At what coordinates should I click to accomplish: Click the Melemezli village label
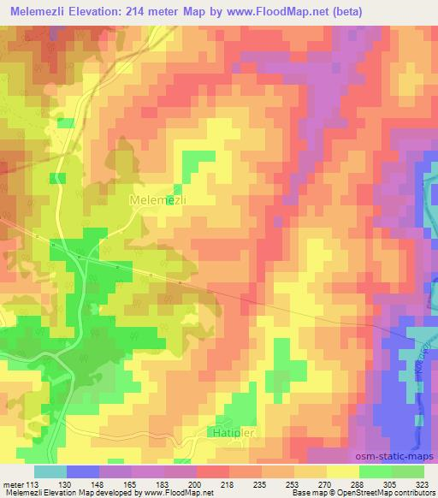pos(157,199)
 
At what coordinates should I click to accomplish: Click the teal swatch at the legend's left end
pos(50,471)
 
